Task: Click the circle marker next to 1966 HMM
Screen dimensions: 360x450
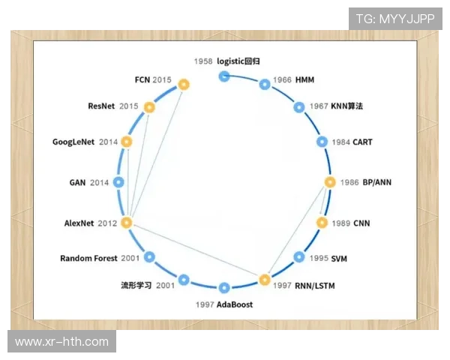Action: [x=264, y=85]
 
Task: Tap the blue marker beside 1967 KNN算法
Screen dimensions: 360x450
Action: [x=299, y=107]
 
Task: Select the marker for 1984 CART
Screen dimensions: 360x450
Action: [x=322, y=142]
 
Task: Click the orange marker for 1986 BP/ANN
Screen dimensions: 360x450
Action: [x=329, y=182]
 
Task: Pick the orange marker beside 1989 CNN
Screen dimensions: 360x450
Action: [x=322, y=223]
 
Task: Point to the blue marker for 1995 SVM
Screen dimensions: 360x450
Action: [x=299, y=257]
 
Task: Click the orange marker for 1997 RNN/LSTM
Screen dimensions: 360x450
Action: [x=264, y=280]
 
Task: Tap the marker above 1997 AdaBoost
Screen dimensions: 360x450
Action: [x=223, y=287]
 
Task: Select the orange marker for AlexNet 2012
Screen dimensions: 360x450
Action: [x=126, y=223]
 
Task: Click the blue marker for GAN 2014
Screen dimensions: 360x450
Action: [x=118, y=182]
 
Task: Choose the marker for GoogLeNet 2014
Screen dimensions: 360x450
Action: [x=126, y=142]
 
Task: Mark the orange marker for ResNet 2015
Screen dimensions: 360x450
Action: [x=149, y=107]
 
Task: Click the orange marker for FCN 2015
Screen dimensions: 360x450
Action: [x=184, y=85]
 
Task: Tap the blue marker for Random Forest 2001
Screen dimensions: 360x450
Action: [x=149, y=257]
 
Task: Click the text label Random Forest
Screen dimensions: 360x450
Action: [x=88, y=259]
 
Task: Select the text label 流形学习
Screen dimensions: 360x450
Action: [x=136, y=286]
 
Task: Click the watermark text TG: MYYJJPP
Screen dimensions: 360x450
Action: [x=394, y=19]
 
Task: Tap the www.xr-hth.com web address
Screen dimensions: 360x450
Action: [x=61, y=342]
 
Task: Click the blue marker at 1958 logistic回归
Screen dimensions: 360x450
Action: [x=223, y=76]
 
